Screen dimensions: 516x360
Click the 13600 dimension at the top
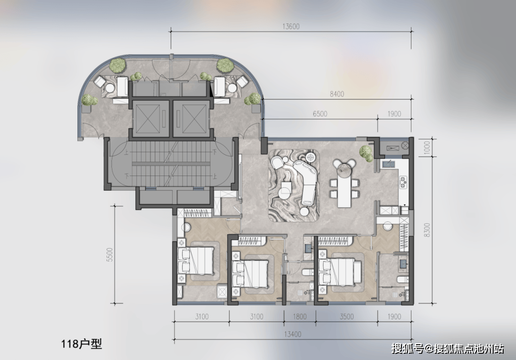[x=291, y=26]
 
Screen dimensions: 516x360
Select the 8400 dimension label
[x=337, y=94]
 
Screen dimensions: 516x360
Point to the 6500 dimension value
[x=320, y=114]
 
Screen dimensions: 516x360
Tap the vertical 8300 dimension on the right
[x=427, y=230]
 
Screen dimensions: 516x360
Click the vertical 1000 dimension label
[x=427, y=148]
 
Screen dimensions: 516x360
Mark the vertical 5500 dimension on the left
[x=109, y=255]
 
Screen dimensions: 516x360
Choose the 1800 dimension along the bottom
[x=300, y=317]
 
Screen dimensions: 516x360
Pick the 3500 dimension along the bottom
[x=346, y=317]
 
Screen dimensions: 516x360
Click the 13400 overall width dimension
[x=292, y=335]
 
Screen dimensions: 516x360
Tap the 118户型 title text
[x=81, y=344]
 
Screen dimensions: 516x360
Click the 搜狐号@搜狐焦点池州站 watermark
[x=448, y=349]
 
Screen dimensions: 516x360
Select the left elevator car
[x=150, y=119]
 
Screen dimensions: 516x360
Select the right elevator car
[x=191, y=119]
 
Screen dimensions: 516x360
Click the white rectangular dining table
[x=344, y=189]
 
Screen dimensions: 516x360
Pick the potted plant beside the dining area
[x=366, y=153]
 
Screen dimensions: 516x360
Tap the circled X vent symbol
[x=405, y=145]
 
